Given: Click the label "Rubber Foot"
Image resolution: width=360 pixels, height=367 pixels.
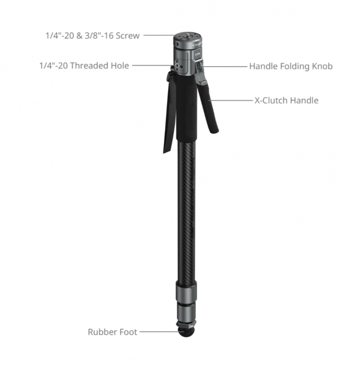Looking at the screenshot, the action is pos(112,332).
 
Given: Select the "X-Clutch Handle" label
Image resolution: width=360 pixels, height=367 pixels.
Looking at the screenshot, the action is pos(287,100).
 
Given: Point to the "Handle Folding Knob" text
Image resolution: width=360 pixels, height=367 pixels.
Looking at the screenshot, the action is pos(291,66).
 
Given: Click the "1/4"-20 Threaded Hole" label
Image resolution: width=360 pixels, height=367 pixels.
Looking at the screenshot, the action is pos(84,66).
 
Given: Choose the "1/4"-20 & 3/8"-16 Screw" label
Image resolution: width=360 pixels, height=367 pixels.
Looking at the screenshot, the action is pos(92,36).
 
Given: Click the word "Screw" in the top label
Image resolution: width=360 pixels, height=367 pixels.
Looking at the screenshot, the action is pos(128,36).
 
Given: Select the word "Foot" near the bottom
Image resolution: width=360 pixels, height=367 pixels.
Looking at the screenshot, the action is pos(128,332).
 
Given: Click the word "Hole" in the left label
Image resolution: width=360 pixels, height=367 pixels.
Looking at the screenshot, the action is pos(120,66).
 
